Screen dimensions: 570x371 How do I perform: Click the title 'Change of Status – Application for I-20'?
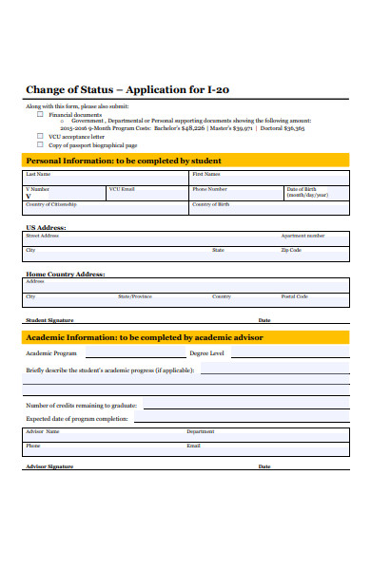(x=127, y=90)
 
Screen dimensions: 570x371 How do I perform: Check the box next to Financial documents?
(x=40, y=114)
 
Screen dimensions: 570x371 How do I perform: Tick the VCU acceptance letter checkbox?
(x=40, y=137)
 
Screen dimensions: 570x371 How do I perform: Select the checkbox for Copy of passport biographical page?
(x=40, y=145)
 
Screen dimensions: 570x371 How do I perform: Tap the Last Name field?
(x=106, y=179)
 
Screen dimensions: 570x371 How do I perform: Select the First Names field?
(x=268, y=179)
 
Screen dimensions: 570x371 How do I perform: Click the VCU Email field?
(x=146, y=194)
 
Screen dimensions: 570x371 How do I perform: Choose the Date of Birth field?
(x=316, y=194)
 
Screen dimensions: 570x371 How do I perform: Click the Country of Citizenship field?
(x=106, y=209)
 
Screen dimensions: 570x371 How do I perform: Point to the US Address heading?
(x=46, y=228)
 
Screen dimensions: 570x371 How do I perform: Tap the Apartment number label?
(x=303, y=236)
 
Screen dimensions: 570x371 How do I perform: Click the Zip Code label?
(x=290, y=250)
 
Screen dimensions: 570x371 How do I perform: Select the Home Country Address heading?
(x=65, y=274)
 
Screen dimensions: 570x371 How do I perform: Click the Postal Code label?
(x=294, y=296)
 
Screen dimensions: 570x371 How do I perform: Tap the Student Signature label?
(x=49, y=320)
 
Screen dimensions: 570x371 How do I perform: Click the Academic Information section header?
(x=144, y=337)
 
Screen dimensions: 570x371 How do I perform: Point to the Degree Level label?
(x=206, y=352)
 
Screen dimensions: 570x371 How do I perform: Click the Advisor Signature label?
(x=49, y=466)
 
